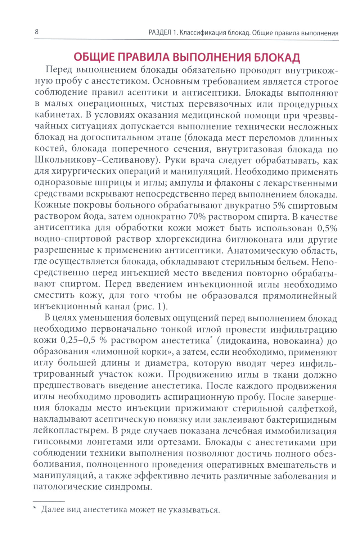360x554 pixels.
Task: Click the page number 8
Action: (36, 32)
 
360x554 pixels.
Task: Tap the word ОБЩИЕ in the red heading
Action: (94, 58)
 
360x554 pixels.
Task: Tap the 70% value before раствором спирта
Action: (197, 217)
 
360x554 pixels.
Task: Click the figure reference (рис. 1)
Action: (150, 307)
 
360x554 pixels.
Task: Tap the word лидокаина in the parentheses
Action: (245, 341)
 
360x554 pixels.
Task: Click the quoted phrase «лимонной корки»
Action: (127, 352)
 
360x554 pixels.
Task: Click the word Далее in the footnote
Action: (53, 510)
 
